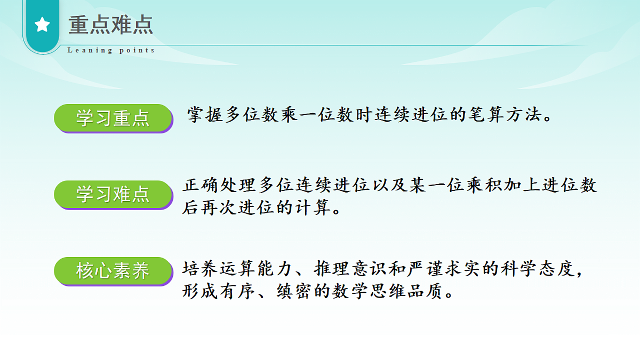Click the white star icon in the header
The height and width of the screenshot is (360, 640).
(42, 25)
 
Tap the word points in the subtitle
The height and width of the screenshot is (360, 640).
(137, 51)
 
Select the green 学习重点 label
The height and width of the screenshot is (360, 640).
(113, 118)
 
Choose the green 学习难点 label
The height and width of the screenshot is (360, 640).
(113, 194)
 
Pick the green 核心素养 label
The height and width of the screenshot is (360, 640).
(113, 271)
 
